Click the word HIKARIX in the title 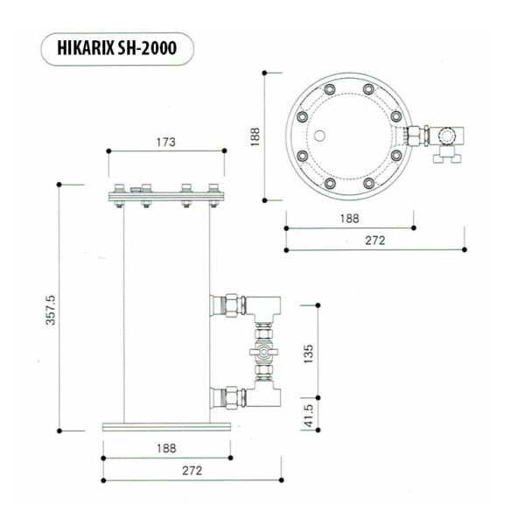point(90,50)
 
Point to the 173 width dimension point(166,141)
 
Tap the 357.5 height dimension point(50,310)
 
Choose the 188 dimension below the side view point(166,448)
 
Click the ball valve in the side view point(262,353)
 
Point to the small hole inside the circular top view point(321,136)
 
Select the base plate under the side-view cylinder point(166,426)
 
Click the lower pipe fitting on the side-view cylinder point(229,398)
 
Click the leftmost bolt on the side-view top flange point(116,195)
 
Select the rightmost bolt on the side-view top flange point(213,195)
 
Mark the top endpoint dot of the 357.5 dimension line point(59,184)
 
